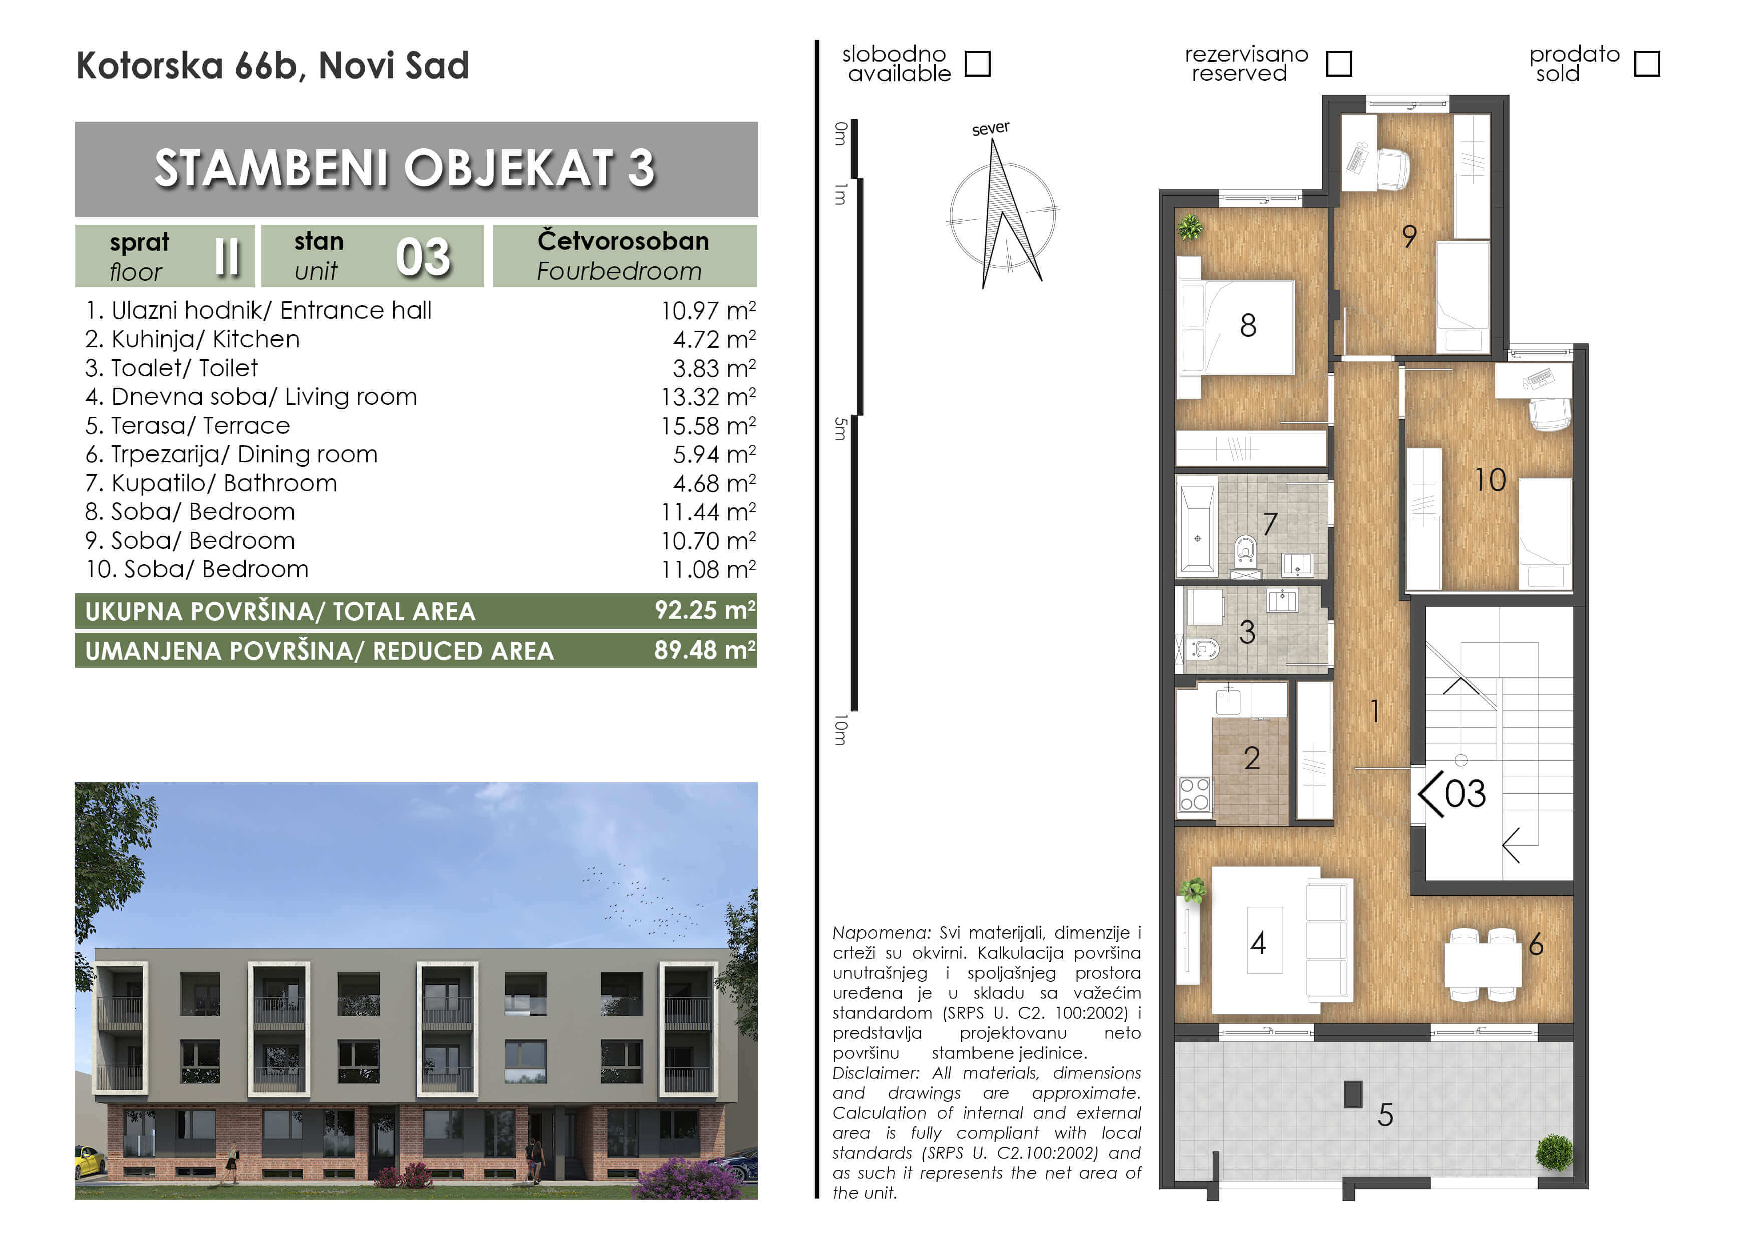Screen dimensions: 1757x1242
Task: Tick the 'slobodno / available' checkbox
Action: (x=977, y=64)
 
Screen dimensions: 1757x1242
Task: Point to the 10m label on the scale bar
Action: (x=841, y=730)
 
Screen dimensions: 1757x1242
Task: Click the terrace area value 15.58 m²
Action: (x=708, y=426)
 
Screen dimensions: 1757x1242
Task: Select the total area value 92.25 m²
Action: (x=705, y=610)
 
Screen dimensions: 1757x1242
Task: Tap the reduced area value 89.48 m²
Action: (x=705, y=650)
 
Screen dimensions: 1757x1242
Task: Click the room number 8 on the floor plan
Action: (x=1248, y=325)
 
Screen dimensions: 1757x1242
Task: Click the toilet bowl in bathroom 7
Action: (x=1246, y=549)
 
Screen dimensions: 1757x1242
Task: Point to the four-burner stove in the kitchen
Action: (x=1195, y=794)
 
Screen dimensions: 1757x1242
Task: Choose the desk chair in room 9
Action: (x=1393, y=168)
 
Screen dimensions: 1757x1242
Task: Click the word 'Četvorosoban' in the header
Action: (x=623, y=241)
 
